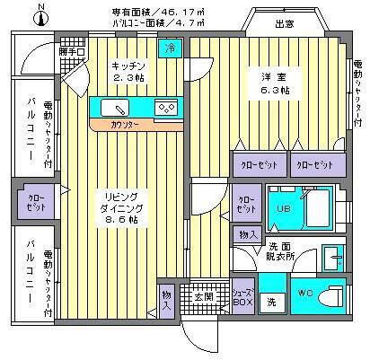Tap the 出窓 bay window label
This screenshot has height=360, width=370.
pos(285,25)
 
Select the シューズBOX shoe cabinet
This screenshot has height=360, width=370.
pos(242,296)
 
